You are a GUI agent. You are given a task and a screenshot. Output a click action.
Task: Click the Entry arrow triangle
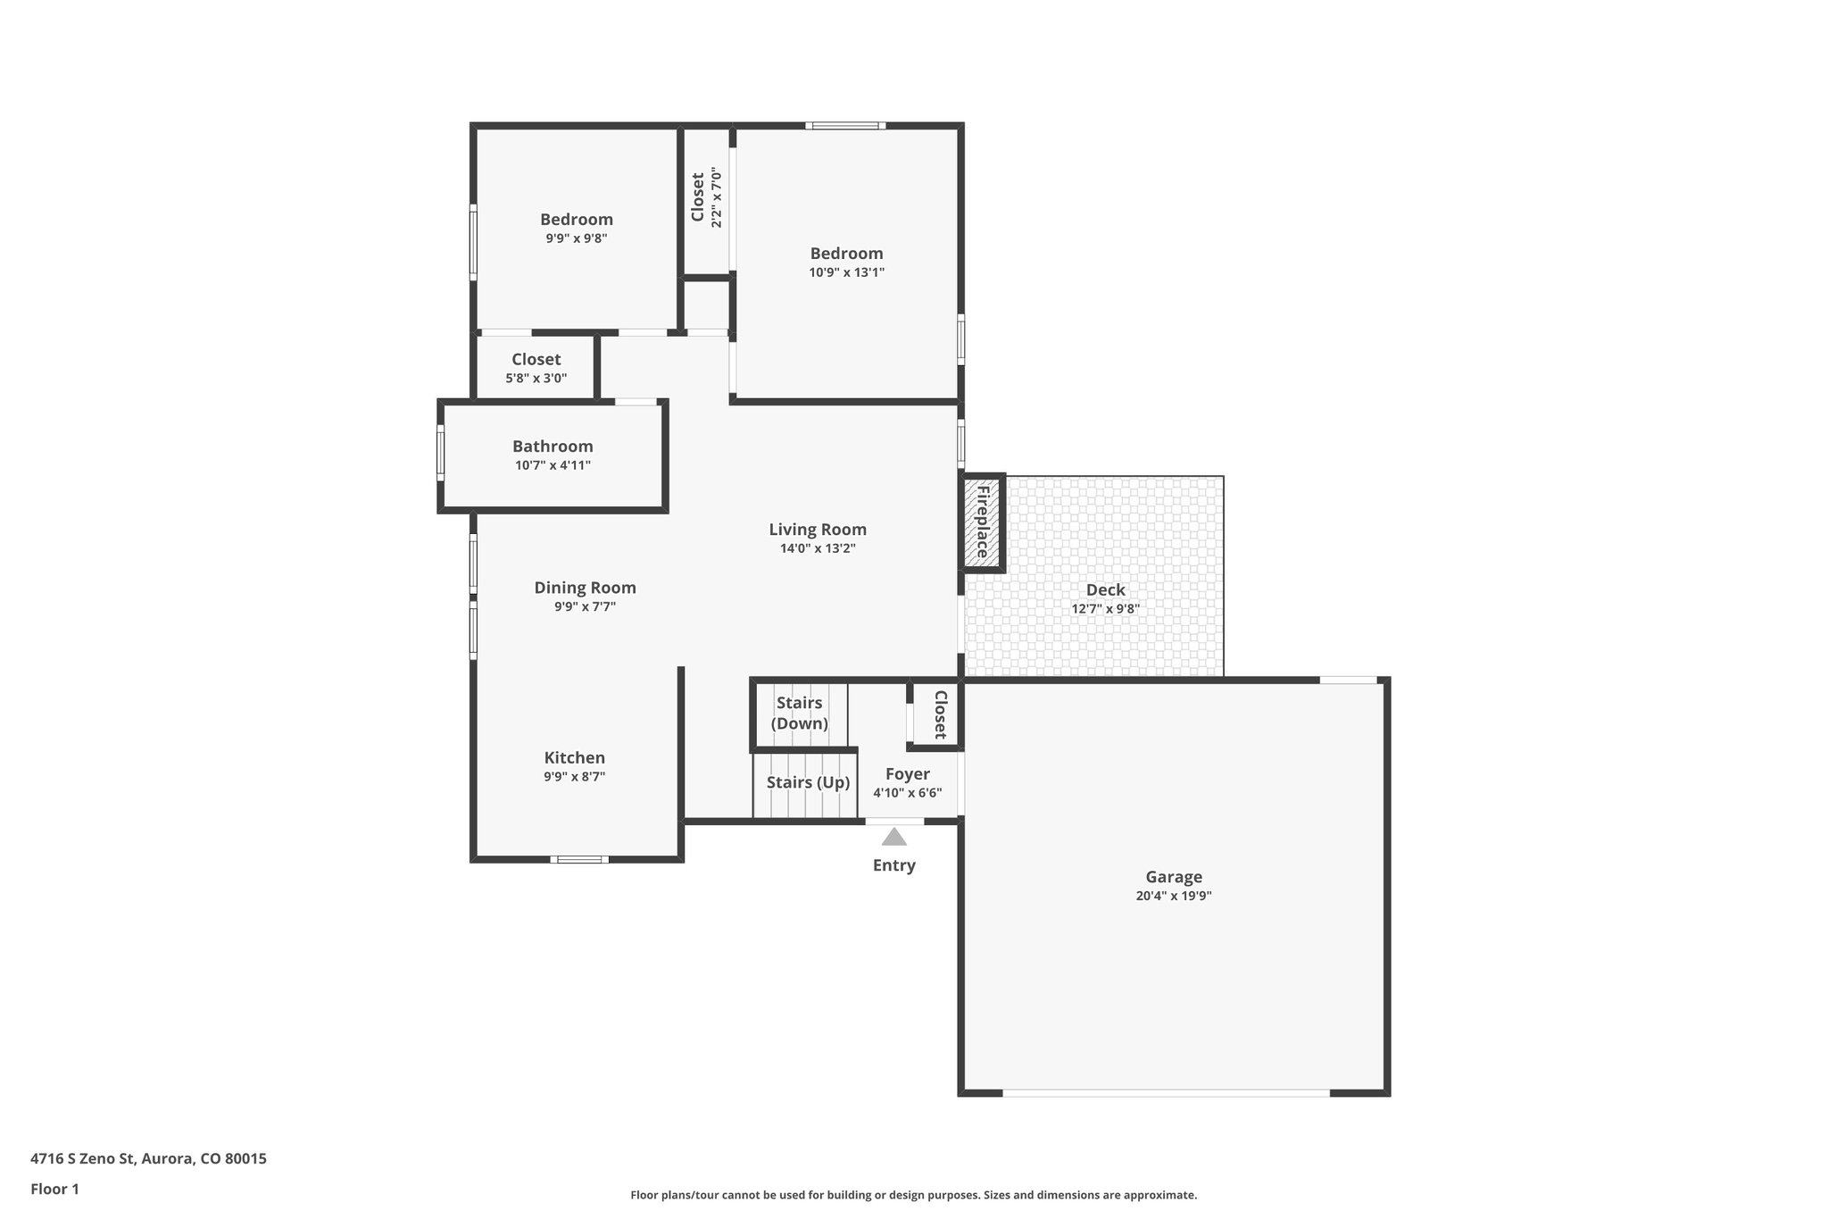(893, 837)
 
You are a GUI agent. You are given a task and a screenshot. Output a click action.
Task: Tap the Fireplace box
(983, 522)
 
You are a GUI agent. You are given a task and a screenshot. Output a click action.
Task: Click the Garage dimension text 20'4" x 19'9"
(1173, 896)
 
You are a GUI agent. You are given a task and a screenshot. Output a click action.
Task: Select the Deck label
(1105, 589)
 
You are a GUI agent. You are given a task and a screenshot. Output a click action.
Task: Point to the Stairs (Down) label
(799, 713)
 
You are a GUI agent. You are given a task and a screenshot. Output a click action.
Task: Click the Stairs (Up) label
(808, 782)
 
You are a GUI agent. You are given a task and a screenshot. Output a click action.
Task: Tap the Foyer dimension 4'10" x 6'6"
(907, 793)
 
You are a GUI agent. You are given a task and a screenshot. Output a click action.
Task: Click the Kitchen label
(574, 757)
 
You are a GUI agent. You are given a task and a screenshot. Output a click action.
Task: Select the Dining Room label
(585, 588)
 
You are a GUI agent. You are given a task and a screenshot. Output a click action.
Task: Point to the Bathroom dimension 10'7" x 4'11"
(553, 465)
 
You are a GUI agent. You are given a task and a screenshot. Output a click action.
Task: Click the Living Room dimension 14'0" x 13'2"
(818, 548)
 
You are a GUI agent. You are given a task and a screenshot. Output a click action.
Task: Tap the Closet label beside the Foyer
(940, 714)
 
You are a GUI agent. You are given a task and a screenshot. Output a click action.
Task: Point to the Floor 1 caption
(54, 1189)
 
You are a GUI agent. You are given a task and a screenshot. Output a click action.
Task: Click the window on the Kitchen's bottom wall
(579, 859)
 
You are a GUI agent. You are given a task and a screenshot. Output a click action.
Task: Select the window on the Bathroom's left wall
(440, 453)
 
